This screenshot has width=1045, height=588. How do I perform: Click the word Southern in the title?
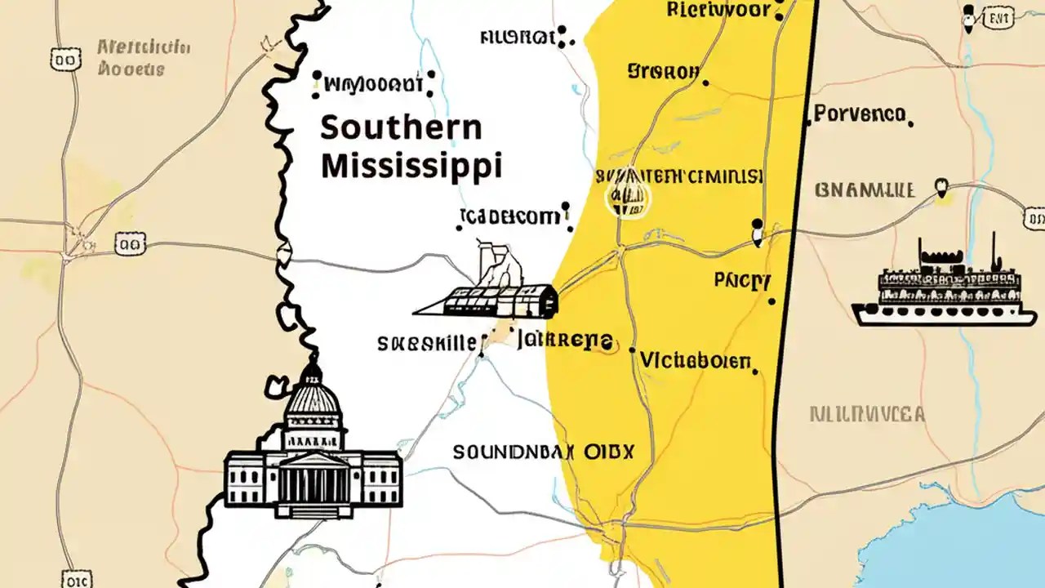pos(401,128)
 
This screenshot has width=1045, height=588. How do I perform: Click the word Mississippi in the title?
pos(411,166)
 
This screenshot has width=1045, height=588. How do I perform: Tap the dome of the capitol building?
pos(312,397)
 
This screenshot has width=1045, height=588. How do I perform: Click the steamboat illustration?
pos(937,286)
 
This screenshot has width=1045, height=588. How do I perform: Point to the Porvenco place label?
pos(860,114)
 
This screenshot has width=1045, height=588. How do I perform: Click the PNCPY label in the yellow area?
pos(741,282)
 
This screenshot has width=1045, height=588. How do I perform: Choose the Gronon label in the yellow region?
pos(663,72)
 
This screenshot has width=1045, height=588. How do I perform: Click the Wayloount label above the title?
pos(373,83)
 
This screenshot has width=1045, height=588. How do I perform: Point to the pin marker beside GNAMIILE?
pos(943,189)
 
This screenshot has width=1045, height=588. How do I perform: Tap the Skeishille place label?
pos(426,344)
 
